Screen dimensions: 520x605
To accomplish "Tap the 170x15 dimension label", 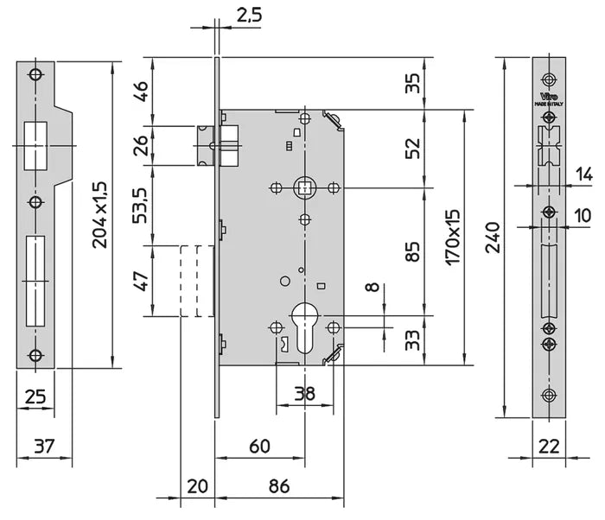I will (x=455, y=236).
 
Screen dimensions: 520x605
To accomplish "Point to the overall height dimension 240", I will (x=493, y=238).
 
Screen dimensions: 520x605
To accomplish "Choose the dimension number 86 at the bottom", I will (x=279, y=487).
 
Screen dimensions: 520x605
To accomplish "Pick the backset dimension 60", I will (x=258, y=447).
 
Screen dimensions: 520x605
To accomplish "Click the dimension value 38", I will (x=303, y=394).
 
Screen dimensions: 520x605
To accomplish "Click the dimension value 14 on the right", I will (x=584, y=174).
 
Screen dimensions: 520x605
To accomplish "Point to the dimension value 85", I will (x=413, y=251).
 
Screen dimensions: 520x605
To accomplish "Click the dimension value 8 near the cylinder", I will (x=373, y=288).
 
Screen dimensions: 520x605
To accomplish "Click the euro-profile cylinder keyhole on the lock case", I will (x=304, y=324).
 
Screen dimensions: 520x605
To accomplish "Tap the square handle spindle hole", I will (x=304, y=187).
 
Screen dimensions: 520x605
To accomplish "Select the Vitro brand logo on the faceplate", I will (x=549, y=96).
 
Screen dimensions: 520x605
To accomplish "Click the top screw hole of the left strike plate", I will (x=35, y=74).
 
